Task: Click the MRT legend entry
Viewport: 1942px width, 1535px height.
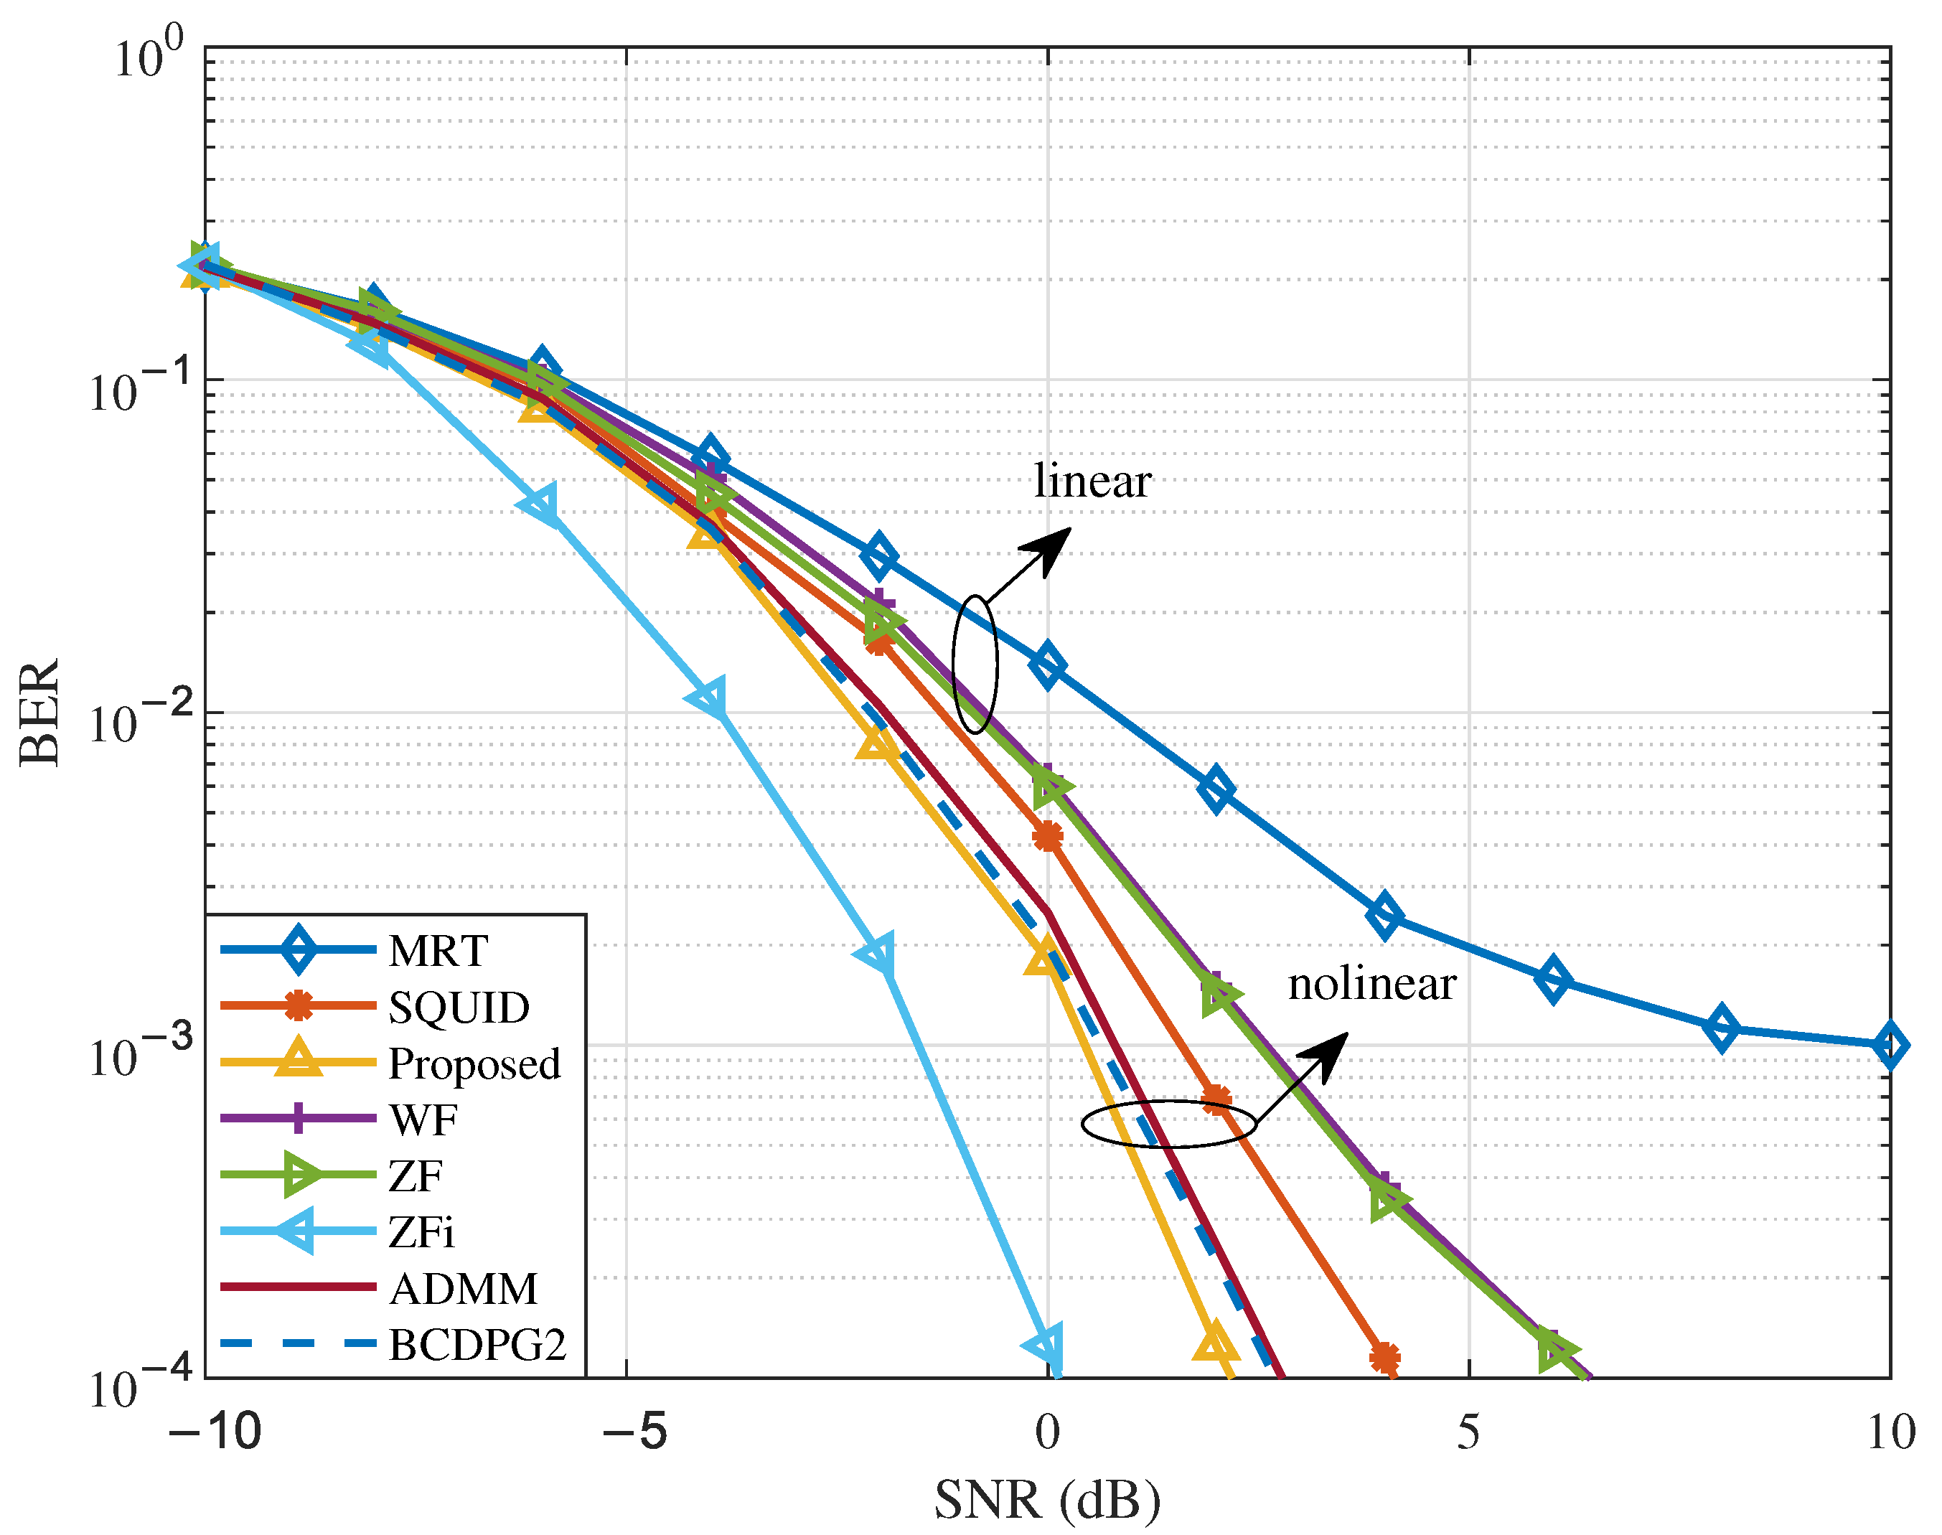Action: point(438,951)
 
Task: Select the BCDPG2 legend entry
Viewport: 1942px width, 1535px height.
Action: point(477,1346)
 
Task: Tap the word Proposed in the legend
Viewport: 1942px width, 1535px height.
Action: point(474,1064)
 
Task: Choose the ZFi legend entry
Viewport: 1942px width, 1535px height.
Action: point(421,1232)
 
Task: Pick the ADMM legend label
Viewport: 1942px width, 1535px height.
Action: point(463,1289)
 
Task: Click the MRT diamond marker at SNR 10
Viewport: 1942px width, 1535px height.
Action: point(1889,1045)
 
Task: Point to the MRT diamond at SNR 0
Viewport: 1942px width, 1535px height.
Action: point(1047,666)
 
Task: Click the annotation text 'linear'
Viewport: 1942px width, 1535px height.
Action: point(1091,482)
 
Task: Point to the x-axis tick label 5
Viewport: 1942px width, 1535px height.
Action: point(1468,1432)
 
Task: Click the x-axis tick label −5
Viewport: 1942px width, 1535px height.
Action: point(634,1432)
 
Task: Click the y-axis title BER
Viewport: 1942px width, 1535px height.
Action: point(40,713)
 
